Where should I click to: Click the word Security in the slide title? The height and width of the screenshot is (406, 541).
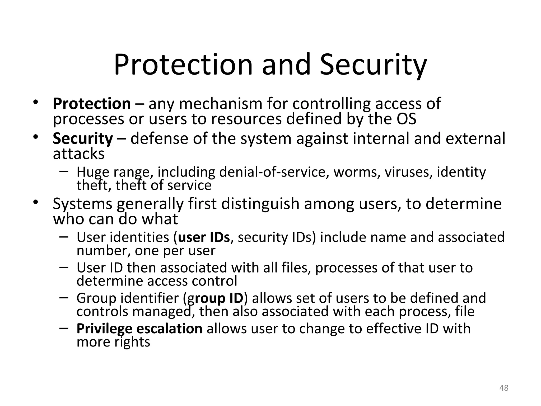(373, 65)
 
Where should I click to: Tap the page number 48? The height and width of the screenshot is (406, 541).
(504, 388)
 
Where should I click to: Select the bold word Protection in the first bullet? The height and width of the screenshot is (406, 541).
(92, 104)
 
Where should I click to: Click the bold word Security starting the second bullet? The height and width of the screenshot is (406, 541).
(83, 139)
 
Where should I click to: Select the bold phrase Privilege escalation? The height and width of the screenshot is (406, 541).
(139, 329)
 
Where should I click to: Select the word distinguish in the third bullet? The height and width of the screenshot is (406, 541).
(260, 204)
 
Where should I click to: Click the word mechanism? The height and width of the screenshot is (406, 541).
(221, 104)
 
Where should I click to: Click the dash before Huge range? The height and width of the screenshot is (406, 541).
(64, 171)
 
